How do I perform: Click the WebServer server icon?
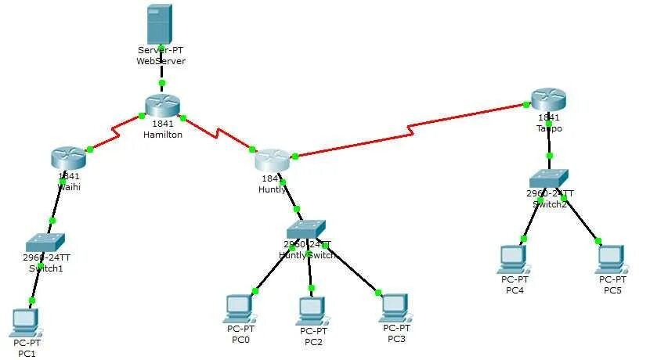click(x=160, y=23)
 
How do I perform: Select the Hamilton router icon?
click(x=162, y=106)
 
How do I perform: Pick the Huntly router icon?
click(x=273, y=160)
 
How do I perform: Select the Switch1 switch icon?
click(x=45, y=242)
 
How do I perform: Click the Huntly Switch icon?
click(x=305, y=229)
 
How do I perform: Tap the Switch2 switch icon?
click(x=548, y=178)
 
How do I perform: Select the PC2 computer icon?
click(x=312, y=311)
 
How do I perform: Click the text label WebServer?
click(x=161, y=61)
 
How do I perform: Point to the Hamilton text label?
click(x=162, y=135)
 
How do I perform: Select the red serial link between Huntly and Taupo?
click(x=407, y=129)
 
